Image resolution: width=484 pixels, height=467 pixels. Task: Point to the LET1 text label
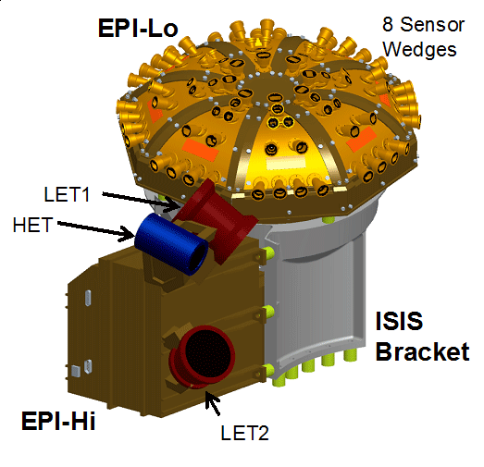(68, 196)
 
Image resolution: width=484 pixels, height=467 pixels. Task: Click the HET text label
(33, 225)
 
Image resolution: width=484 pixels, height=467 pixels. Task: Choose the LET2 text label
(244, 432)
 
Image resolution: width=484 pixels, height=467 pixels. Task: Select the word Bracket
(423, 352)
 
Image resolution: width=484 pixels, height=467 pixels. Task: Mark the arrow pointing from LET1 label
(139, 199)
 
